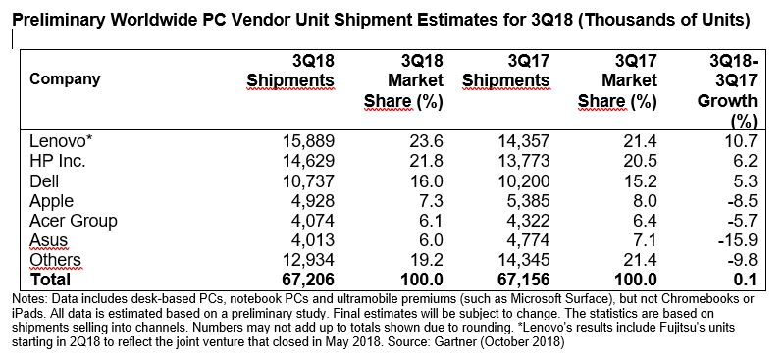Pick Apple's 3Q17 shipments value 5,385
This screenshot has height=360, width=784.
coord(526,201)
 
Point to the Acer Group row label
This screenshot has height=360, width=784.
coord(73,221)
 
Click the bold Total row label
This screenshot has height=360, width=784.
coord(50,279)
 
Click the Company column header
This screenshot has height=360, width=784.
coord(65,79)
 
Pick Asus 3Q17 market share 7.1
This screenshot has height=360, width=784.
coord(643,240)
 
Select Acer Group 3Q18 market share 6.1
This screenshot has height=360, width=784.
coord(430,221)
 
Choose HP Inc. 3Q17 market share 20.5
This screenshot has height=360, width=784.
coord(638,161)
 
